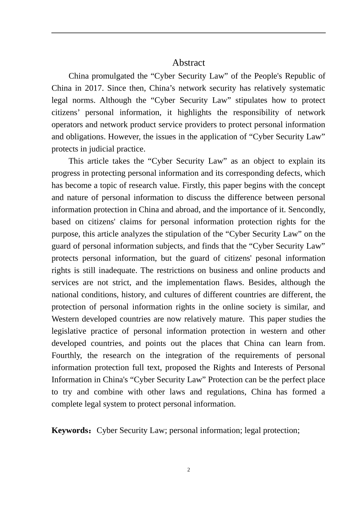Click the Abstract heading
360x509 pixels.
point(188,62)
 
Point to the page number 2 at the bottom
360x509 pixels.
point(189,470)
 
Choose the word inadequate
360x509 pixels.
point(118,270)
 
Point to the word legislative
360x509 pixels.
point(69,331)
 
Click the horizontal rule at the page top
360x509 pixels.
point(188,33)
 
